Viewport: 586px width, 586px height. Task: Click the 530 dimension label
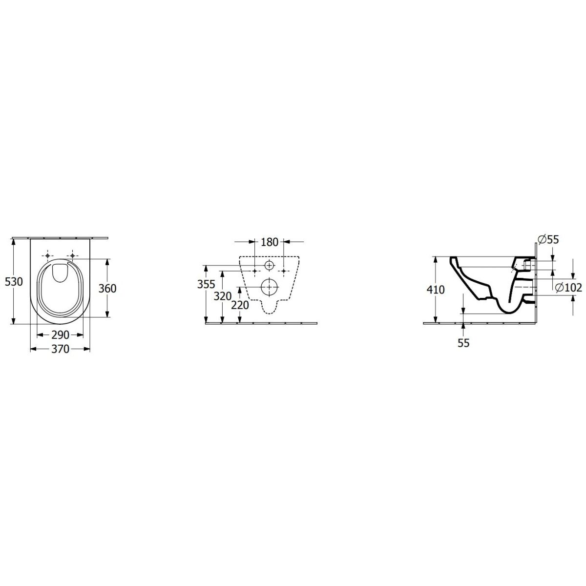14,282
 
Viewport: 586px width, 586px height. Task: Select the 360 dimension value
107,288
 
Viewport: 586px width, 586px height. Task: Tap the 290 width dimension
60,335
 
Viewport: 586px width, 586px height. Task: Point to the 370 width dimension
60,349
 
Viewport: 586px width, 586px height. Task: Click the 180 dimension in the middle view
270,242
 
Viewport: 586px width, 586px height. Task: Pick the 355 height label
206,284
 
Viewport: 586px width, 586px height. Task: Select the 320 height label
223,296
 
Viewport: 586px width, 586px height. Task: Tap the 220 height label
240,305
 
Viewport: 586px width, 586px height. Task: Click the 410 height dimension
436,290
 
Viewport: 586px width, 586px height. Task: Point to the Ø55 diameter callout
548,240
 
